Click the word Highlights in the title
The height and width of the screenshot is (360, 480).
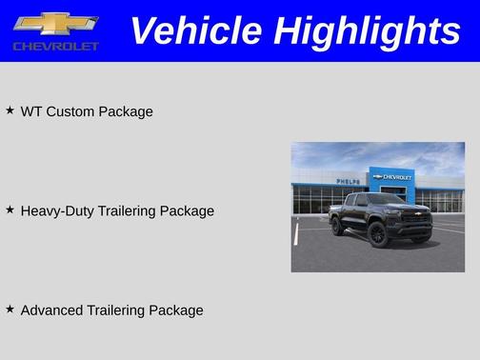(367, 30)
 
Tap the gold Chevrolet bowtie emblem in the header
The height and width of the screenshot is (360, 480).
(55, 23)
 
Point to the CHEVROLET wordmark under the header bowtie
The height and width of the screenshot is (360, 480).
(55, 46)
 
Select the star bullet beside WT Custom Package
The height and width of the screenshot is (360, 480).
(10, 110)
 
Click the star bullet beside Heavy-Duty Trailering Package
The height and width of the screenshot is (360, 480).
(10, 210)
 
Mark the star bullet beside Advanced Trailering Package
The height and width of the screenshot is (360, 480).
(10, 309)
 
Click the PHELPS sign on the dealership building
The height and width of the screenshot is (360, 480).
(347, 181)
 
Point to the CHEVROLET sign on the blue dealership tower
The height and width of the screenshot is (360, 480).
(394, 176)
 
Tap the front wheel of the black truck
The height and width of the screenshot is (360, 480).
(378, 234)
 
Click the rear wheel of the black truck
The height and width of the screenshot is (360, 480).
(338, 227)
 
